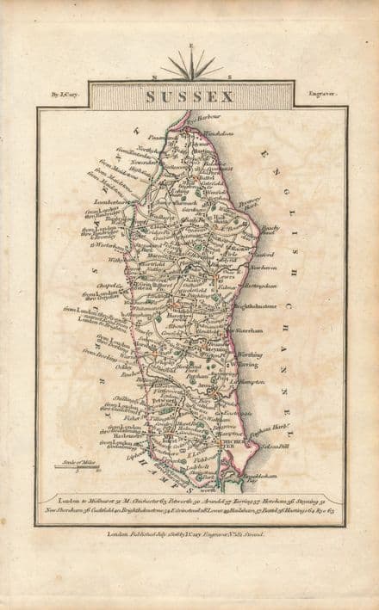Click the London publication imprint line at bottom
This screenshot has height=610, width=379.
coord(186,533)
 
